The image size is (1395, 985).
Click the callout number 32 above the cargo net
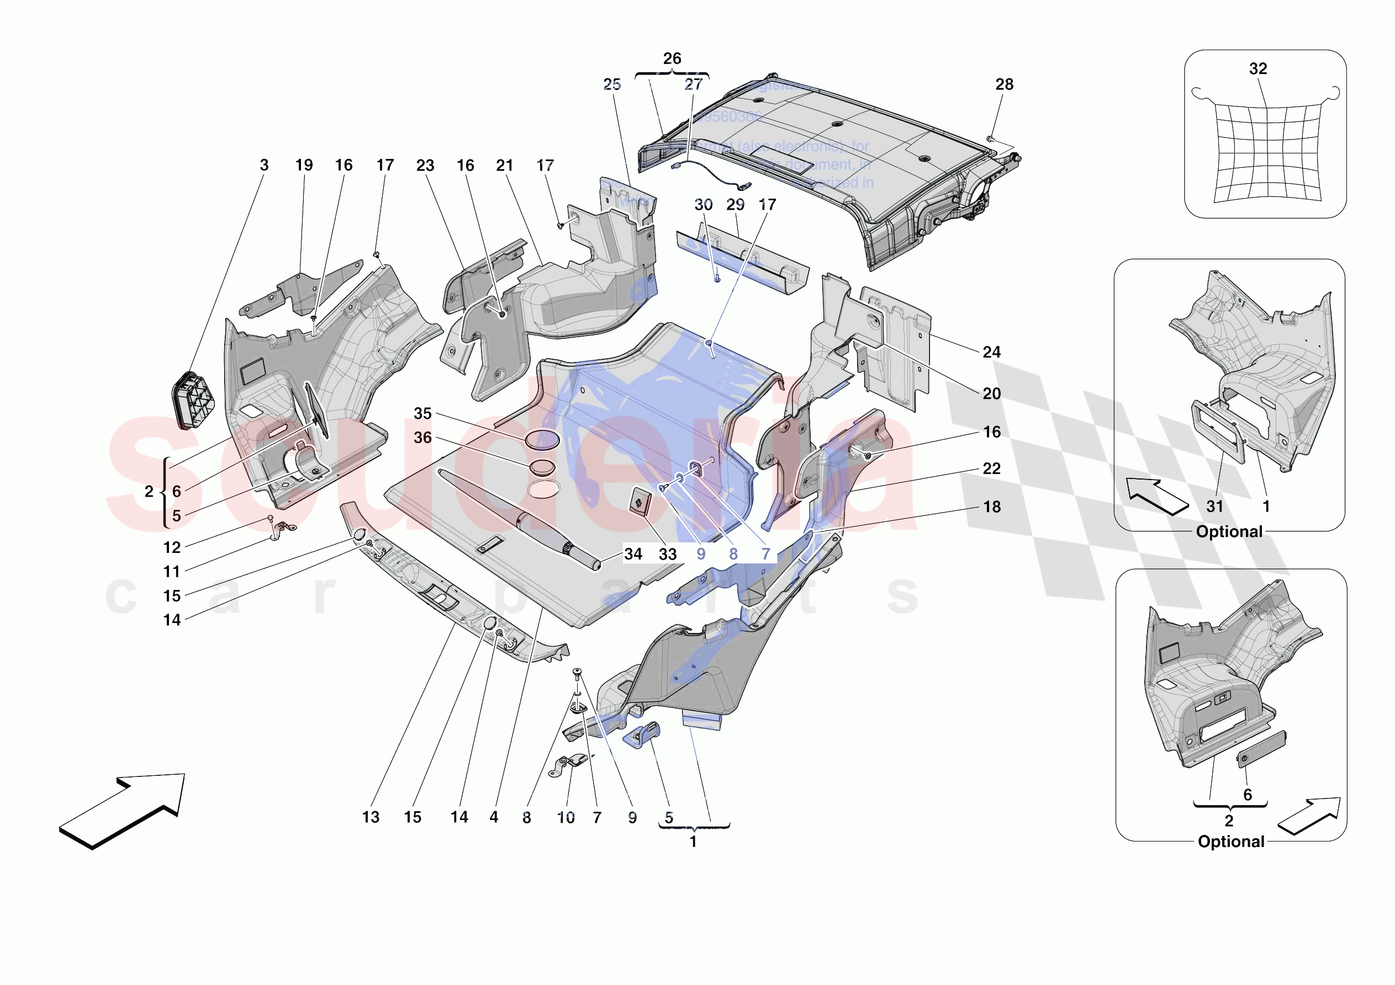point(1257,68)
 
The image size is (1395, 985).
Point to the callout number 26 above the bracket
point(672,58)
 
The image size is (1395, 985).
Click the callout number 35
point(422,413)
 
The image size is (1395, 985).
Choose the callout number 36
point(422,438)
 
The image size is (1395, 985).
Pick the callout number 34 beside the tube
point(633,554)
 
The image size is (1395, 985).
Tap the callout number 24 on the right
point(991,352)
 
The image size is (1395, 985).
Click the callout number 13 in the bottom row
point(371,817)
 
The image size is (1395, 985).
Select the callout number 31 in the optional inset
point(1214,507)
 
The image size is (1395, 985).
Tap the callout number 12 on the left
point(172,548)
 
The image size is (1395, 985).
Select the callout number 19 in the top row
point(304,165)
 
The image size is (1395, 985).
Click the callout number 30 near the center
point(703,205)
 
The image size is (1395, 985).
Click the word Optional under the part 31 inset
point(1229,532)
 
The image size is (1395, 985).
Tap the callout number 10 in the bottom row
point(566,818)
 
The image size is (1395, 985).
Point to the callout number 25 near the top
point(612,84)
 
